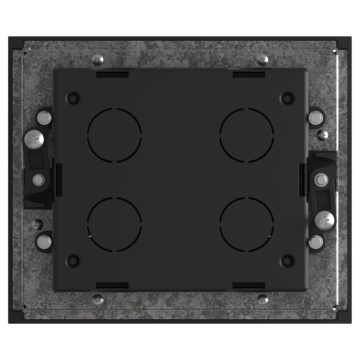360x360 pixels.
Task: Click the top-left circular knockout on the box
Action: point(114,135)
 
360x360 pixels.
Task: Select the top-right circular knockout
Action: point(246,135)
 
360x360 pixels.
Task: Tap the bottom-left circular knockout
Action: point(114,221)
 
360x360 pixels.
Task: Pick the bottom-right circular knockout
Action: point(246,221)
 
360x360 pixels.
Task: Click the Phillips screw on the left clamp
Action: point(32,138)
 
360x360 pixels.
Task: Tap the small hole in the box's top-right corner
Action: point(287,97)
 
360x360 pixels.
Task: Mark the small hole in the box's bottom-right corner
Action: point(287,260)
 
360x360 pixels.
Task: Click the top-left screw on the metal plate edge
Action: point(99,60)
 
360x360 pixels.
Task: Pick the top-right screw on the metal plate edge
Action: point(263,60)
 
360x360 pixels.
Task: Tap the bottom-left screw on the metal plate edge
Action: point(99,298)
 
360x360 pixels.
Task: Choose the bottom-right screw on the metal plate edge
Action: point(263,298)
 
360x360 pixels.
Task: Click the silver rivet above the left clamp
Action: point(44,116)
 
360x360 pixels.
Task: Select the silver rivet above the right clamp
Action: point(315,116)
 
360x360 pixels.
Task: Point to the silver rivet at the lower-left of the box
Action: point(44,242)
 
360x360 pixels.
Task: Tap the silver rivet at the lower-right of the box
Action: point(315,242)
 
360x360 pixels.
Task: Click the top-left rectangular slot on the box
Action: point(113,73)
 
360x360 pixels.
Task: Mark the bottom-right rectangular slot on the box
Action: point(247,284)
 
